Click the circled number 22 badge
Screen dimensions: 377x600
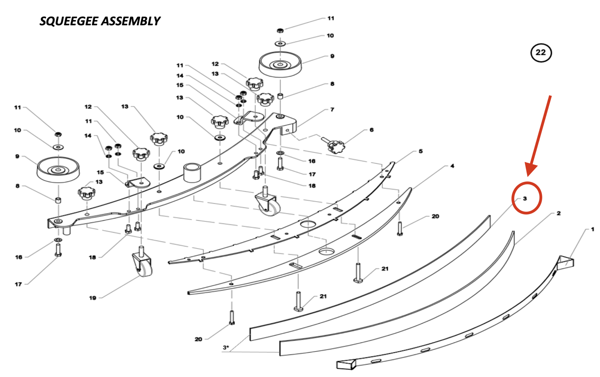[541, 53]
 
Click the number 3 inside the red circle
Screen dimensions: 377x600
[525, 198]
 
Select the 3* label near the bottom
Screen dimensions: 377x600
[226, 347]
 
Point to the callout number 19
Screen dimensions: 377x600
[93, 298]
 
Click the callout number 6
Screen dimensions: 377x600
[371, 130]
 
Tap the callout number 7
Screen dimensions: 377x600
[332, 109]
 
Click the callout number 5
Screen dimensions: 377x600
[420, 151]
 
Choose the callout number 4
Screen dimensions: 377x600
[452, 166]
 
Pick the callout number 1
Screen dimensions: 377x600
[592, 229]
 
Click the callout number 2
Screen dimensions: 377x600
[558, 213]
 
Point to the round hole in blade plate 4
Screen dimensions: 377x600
[326, 251]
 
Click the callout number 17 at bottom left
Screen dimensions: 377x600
[18, 284]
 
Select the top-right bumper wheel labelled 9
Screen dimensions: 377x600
[280, 64]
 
